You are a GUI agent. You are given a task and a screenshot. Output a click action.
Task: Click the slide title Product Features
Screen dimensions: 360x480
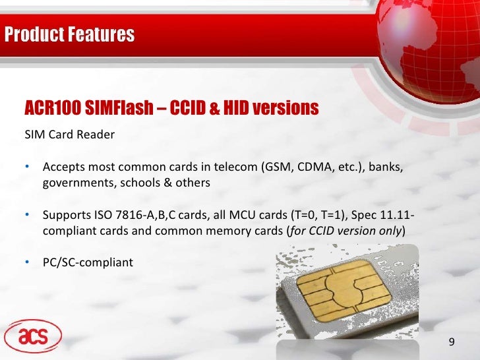click(x=69, y=34)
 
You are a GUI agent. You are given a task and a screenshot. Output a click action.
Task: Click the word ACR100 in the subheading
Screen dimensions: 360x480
click(x=52, y=108)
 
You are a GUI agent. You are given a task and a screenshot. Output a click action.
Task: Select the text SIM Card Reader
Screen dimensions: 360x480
click(x=70, y=135)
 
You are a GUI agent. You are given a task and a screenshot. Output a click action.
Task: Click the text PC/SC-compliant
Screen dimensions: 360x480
click(x=88, y=263)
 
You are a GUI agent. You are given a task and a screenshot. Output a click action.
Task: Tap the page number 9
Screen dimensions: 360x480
click(x=452, y=342)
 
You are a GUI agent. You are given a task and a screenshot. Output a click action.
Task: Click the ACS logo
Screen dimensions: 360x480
click(x=32, y=337)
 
